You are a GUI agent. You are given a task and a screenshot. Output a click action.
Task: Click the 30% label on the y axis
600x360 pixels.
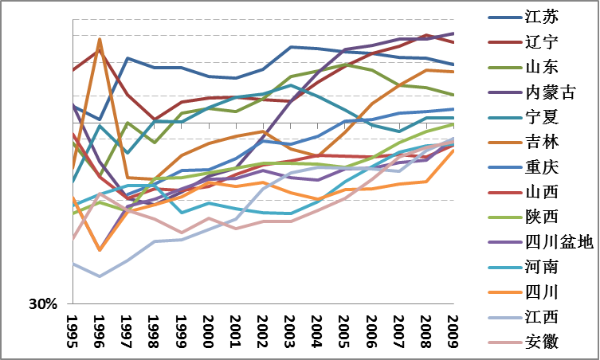[x=43, y=304]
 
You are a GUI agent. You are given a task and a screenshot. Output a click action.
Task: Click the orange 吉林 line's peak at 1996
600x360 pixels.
[x=100, y=38]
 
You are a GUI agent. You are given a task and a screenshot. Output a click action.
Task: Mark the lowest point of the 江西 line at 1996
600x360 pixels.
[x=100, y=276]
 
